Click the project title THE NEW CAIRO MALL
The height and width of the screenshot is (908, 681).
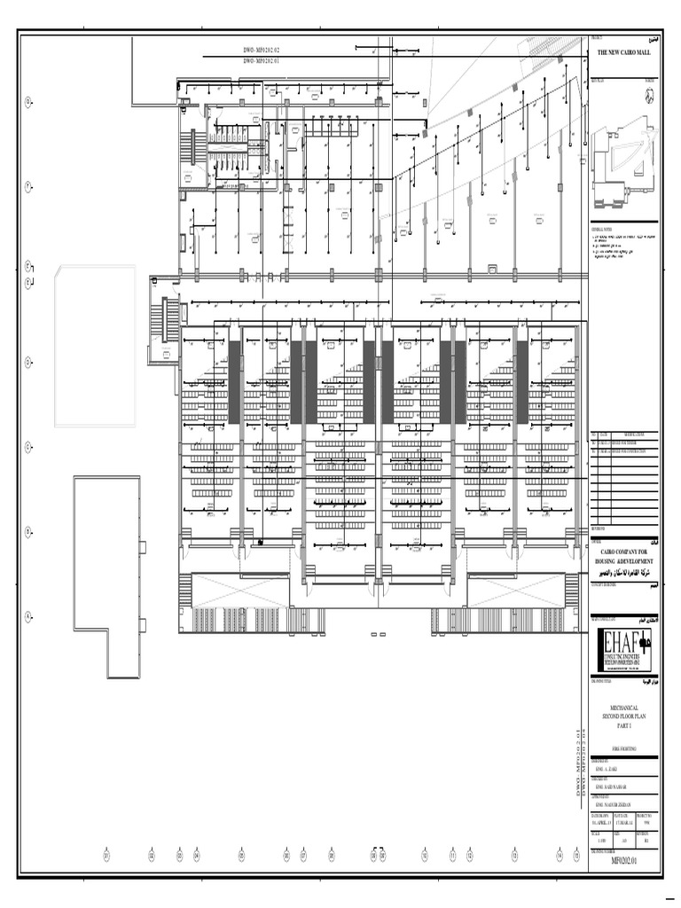tap(623, 53)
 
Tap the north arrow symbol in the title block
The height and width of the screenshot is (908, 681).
tap(649, 98)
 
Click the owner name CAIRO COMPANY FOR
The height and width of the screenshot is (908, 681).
tap(624, 552)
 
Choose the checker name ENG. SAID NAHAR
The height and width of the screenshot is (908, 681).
tap(614, 787)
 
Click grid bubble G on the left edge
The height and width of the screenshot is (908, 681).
tap(28, 103)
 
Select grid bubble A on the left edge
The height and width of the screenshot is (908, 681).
tap(28, 616)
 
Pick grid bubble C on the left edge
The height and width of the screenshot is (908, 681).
tap(28, 447)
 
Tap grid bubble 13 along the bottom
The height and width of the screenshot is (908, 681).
tap(514, 857)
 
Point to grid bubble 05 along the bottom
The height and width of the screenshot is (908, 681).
tap(240, 857)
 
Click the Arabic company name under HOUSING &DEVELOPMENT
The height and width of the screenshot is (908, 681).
tap(624, 574)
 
